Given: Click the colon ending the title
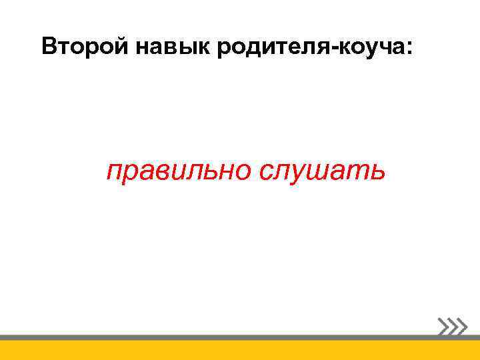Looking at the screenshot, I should pos(409,49).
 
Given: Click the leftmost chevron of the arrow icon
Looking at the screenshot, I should pos(443,327).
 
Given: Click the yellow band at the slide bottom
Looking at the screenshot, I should pos(240,350).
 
